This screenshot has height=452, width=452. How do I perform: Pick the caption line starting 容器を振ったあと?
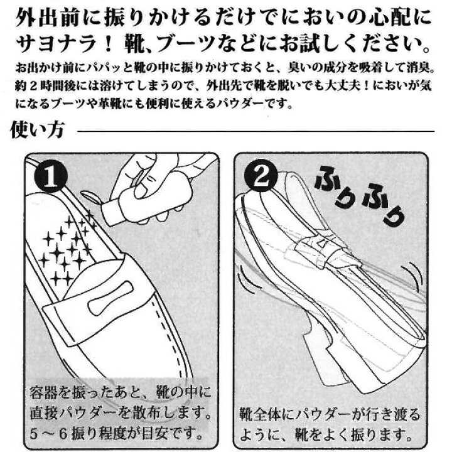119,395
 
